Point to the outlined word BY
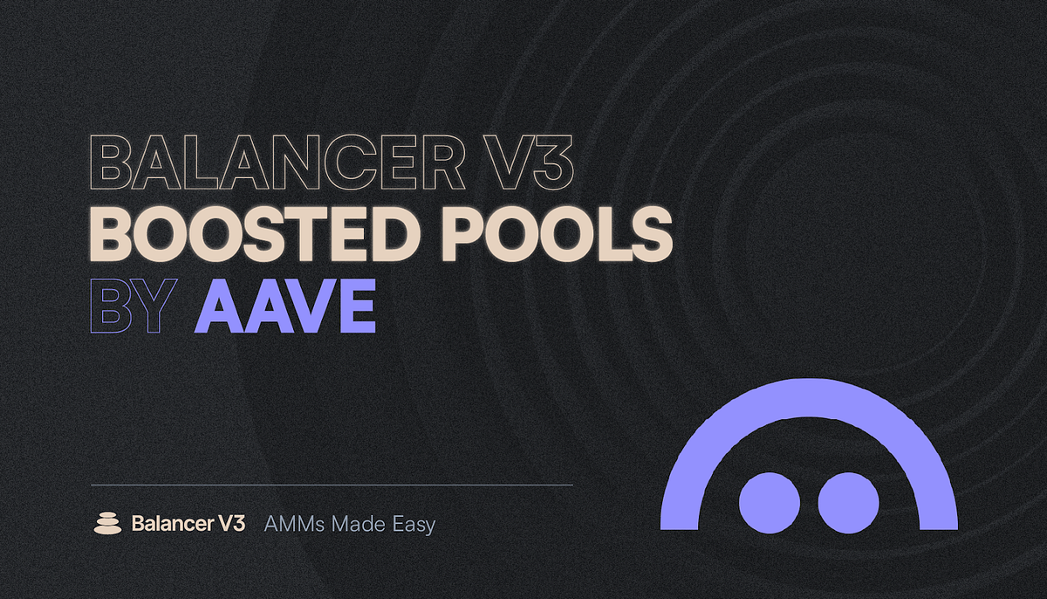tap(128, 306)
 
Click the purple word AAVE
tap(284, 306)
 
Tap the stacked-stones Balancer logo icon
tap(107, 524)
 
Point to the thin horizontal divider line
tap(332, 484)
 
